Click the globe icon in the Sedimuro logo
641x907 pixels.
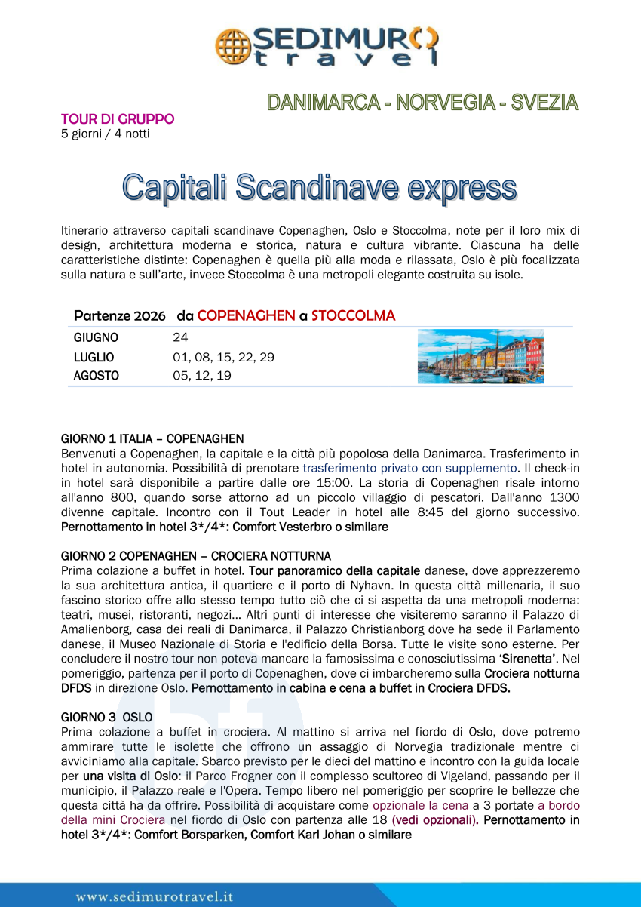tap(232, 45)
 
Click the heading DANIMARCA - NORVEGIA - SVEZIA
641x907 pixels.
tap(422, 103)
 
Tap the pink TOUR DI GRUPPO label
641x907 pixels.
tap(118, 119)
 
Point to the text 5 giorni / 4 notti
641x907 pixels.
tap(105, 134)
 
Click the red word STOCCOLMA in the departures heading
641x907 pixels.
tap(353, 315)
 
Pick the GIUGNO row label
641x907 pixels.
tap(96, 338)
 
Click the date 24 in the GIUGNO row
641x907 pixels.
tap(180, 338)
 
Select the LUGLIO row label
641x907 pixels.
tap(94, 357)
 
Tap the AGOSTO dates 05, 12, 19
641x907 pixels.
tap(202, 375)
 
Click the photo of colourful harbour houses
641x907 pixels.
tap(480, 356)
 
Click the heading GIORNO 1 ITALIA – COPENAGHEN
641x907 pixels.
tap(152, 438)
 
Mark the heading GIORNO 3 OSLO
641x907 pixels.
tap(106, 716)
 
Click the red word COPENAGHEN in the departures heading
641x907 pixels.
tap(246, 315)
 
